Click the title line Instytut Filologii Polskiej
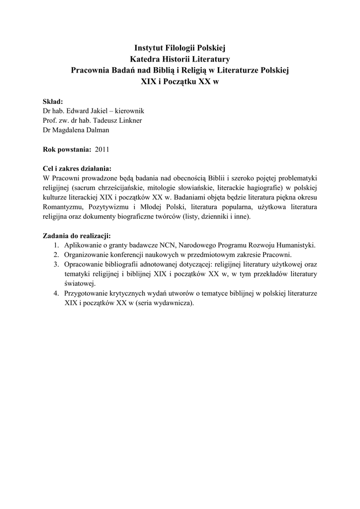tap(180, 48)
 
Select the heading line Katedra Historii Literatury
tap(180, 60)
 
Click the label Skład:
tap(53, 101)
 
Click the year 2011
tap(102, 149)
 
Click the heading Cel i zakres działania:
tap(77, 168)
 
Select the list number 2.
tap(57, 254)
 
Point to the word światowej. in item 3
tap(80, 283)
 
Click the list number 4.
tap(57, 293)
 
